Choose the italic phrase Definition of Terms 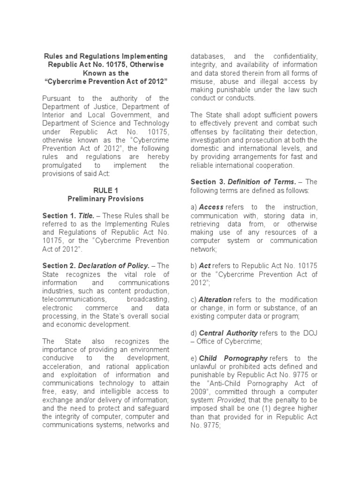(262, 181)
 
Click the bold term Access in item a (211, 207)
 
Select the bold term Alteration (215, 300)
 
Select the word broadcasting (148, 299)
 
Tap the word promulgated (61, 165)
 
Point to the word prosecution (254, 140)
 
